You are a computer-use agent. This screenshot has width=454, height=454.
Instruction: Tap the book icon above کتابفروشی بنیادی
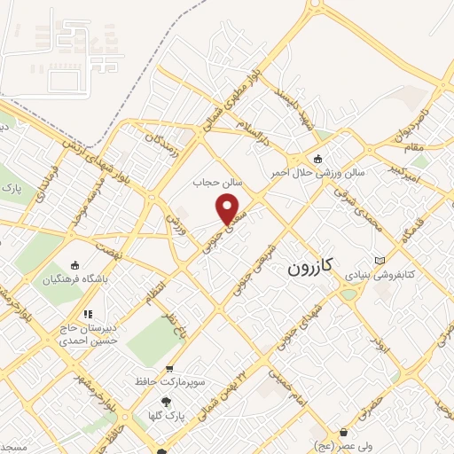[380, 261]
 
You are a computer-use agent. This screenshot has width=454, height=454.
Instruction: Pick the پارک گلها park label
[166, 415]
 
